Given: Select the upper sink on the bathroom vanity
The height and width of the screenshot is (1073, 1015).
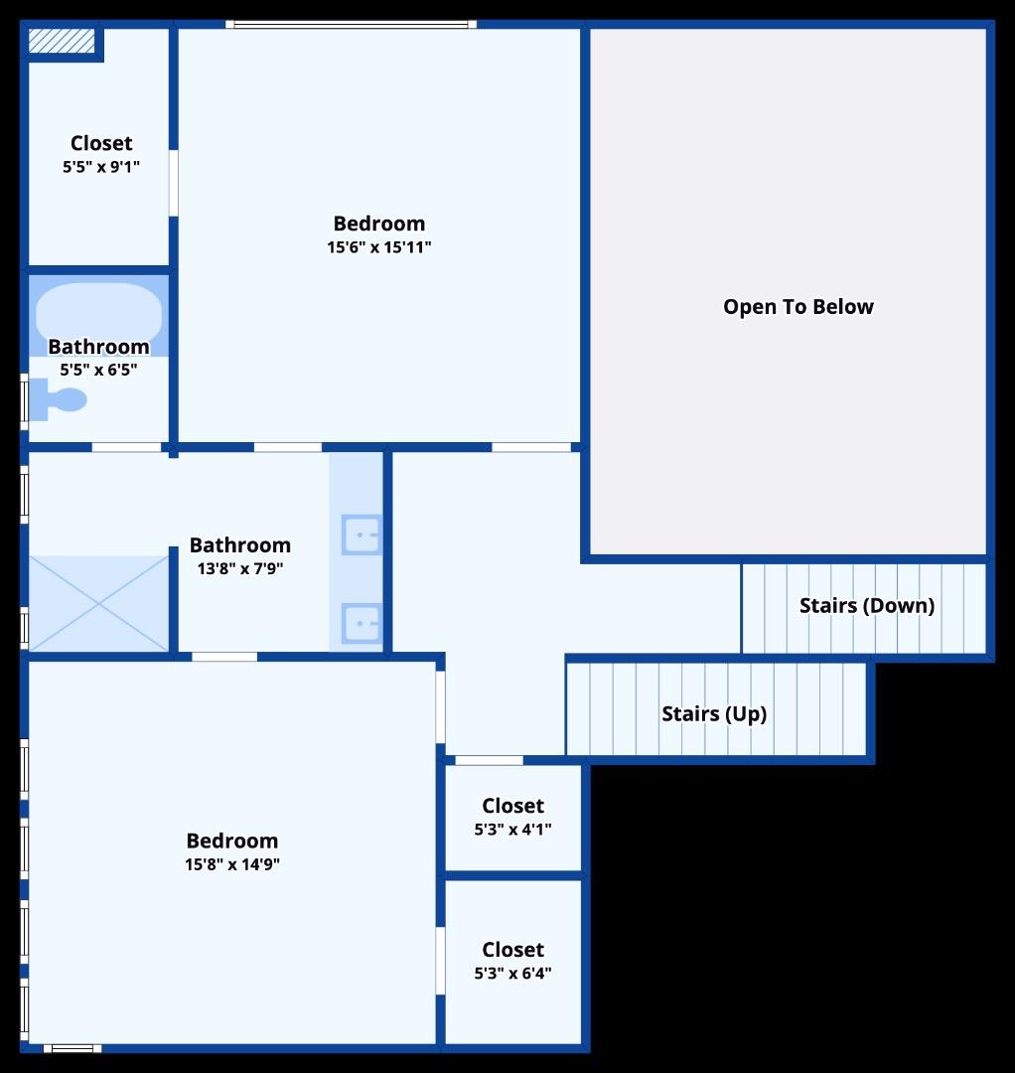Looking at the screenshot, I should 360,535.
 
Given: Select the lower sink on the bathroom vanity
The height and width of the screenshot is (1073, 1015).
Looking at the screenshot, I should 360,623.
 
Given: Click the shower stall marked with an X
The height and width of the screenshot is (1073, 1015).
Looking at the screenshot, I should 98,603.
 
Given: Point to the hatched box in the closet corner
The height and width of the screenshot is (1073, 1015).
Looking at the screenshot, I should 61,41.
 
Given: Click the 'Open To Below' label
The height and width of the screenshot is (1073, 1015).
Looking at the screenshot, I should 797,307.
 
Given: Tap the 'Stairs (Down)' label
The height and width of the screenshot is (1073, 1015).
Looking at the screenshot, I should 866,605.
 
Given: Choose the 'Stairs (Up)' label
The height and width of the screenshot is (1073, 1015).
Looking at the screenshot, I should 714,713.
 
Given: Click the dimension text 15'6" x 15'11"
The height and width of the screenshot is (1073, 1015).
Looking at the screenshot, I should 378,247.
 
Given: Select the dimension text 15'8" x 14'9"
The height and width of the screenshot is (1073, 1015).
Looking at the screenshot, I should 232,864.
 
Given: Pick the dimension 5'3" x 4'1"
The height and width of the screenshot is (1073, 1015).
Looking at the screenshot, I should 512,829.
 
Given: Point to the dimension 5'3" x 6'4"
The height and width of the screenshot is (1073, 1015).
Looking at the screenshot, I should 512,973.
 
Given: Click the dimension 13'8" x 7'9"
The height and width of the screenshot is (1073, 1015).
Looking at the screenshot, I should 240,568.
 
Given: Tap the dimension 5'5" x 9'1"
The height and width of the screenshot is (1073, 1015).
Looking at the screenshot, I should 101,167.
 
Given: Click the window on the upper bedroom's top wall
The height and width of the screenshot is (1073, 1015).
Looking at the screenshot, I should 351,24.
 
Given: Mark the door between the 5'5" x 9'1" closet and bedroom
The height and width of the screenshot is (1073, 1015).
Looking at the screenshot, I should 173,183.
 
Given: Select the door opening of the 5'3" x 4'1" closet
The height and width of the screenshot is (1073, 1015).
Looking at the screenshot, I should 489,761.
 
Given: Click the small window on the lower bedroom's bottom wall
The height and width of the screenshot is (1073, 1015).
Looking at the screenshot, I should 72,1047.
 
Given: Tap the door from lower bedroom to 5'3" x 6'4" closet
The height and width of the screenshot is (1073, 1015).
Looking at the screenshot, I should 439,961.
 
